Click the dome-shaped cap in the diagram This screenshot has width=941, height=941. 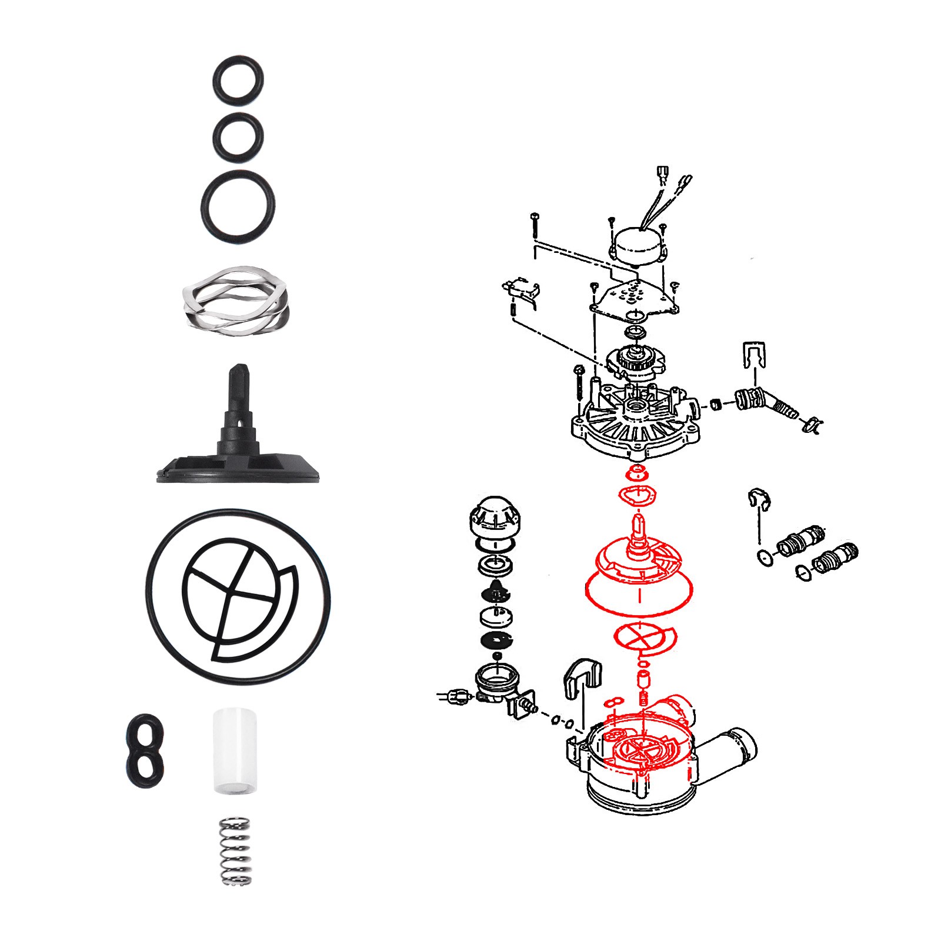click(495, 518)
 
